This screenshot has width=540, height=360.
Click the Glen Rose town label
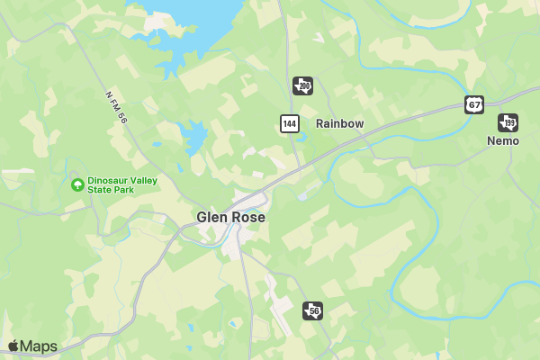230,217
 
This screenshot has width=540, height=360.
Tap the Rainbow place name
339,123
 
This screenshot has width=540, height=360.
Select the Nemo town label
503,141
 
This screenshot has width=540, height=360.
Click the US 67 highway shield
474,104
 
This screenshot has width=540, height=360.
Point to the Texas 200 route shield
303,85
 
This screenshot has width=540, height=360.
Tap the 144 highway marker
289,123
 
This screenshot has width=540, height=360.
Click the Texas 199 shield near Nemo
508,122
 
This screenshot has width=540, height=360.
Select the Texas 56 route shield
312,310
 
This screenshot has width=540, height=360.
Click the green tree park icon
77,185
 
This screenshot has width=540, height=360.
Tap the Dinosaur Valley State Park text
122,185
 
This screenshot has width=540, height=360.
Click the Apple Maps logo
32,346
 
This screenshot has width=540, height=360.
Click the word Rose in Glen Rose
247,217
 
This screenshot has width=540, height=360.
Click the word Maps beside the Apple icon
40,346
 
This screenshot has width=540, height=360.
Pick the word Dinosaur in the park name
109,180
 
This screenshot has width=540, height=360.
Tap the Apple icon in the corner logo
13,346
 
